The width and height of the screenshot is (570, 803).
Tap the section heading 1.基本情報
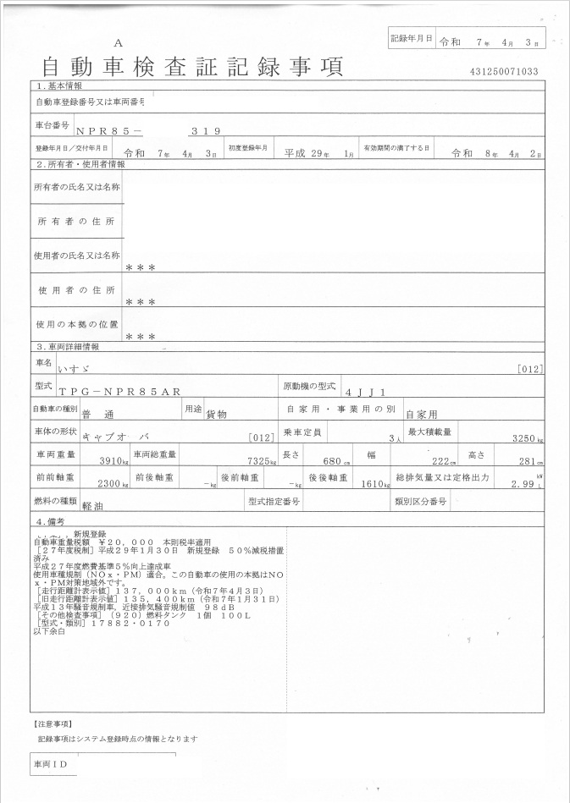[58, 86]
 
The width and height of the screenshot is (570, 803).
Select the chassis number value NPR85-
[109, 131]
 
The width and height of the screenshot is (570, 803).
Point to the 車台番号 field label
[52, 125]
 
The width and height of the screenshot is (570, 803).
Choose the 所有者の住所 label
[76, 221]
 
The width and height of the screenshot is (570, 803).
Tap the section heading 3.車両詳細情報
[68, 346]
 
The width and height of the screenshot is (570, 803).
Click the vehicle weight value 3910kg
[113, 462]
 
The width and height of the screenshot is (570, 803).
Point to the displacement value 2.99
[524, 484]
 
